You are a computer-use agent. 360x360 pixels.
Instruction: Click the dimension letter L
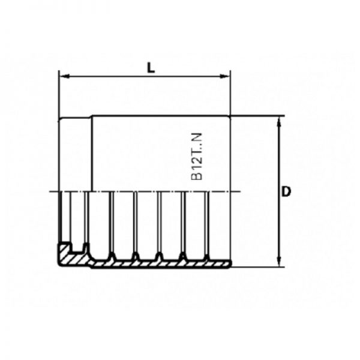(x=151, y=68)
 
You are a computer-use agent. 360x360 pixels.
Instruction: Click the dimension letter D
(x=286, y=191)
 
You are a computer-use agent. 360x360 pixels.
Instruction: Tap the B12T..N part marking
(x=197, y=157)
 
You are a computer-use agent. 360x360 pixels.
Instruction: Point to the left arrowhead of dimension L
(x=64, y=76)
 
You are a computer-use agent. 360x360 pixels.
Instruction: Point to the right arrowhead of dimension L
(x=225, y=76)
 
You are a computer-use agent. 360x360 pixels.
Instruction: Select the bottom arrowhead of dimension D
(x=279, y=262)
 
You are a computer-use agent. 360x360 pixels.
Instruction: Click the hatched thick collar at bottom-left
(x=73, y=256)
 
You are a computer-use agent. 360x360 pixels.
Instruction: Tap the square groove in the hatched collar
(x=77, y=247)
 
